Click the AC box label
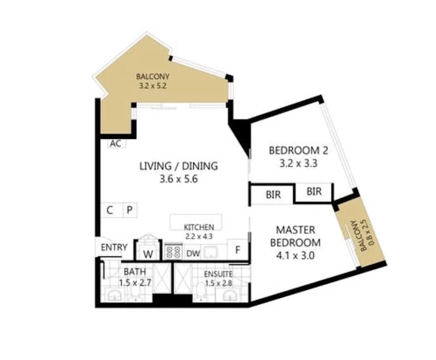(115, 144)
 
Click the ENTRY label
(114, 247)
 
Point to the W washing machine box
(149, 253)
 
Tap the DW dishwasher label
(193, 253)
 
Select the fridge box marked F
(237, 250)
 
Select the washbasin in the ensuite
(232, 295)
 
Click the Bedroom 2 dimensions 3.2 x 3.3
(298, 163)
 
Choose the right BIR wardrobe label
(314, 192)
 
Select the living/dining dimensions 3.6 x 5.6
(178, 179)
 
